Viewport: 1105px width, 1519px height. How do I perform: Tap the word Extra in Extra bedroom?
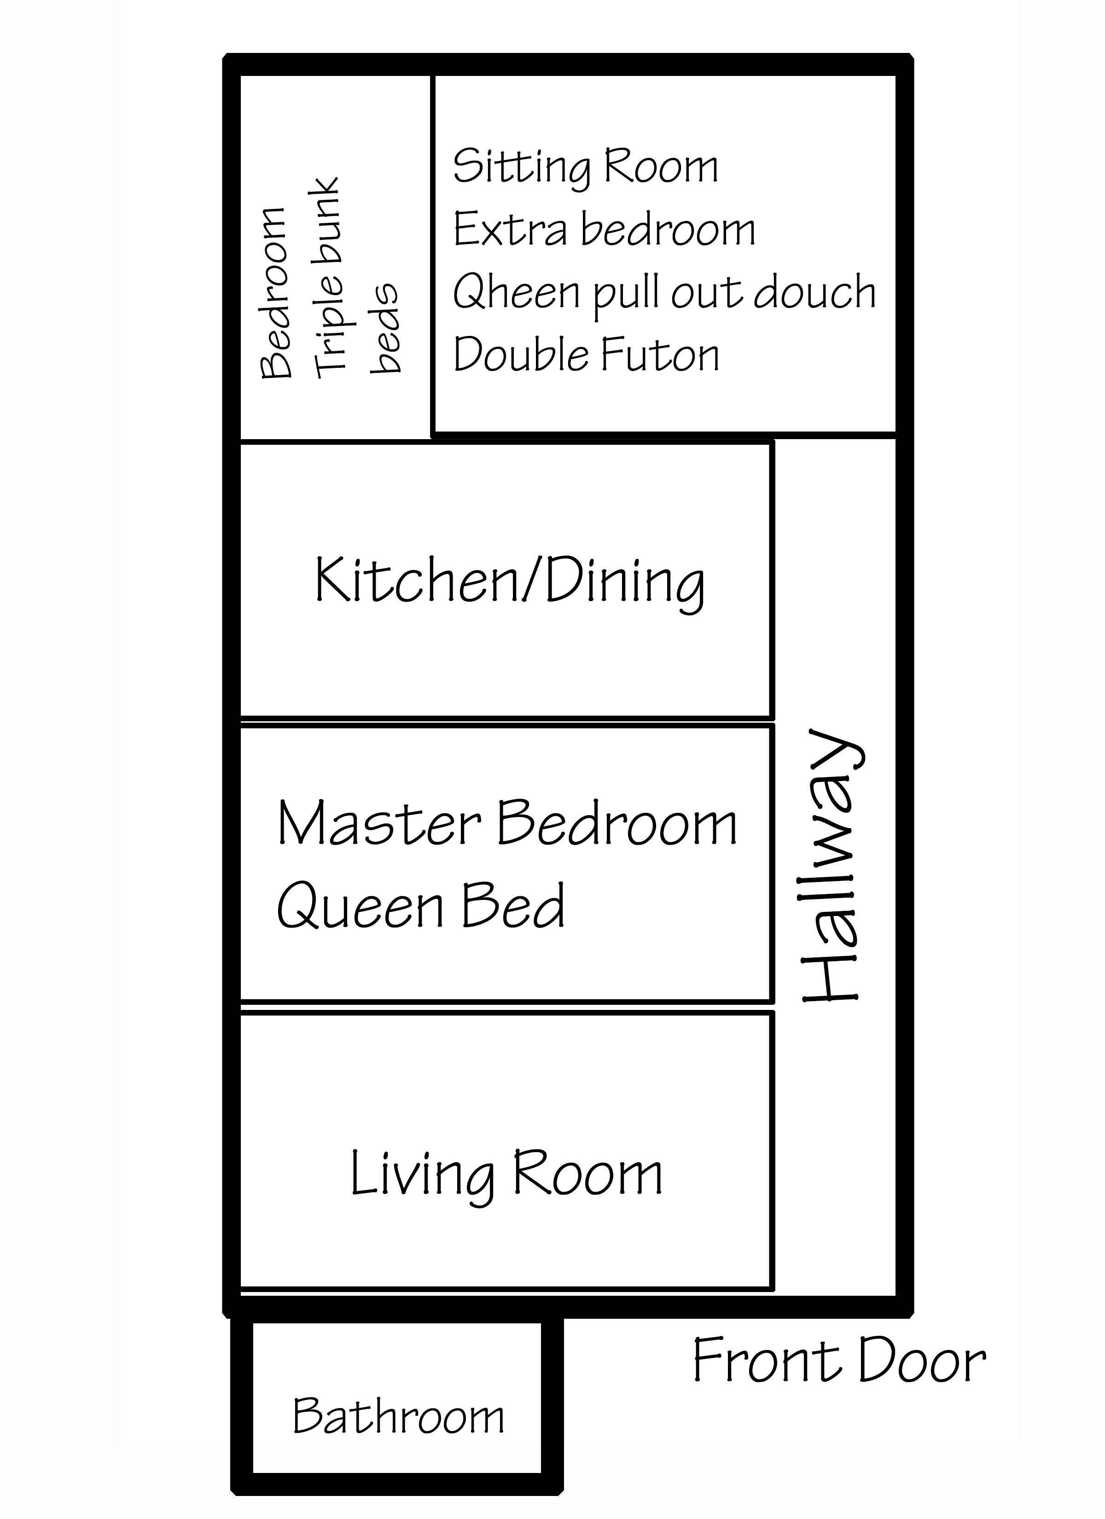509,229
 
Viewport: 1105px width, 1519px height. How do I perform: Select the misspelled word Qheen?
515,293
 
